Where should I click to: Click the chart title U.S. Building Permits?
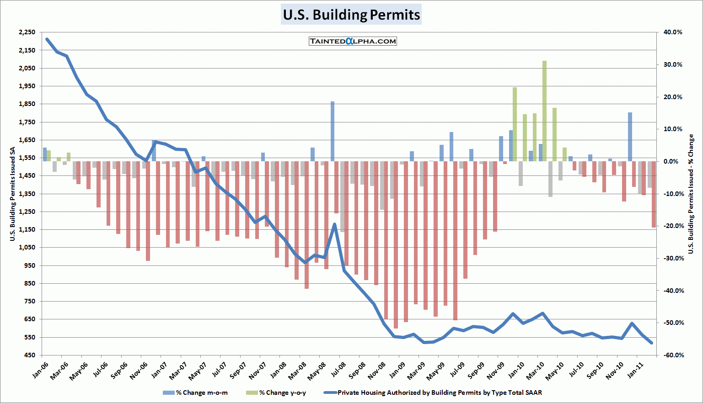click(x=351, y=15)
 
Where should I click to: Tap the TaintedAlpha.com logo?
click(x=353, y=41)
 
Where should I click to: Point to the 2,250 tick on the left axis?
click(x=27, y=32)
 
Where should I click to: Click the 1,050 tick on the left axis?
click(x=27, y=248)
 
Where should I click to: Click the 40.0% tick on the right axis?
click(x=673, y=32)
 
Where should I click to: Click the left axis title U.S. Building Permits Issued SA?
click(x=12, y=194)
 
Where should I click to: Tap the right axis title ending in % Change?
click(x=691, y=194)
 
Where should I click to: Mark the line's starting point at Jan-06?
click(x=47, y=39)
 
